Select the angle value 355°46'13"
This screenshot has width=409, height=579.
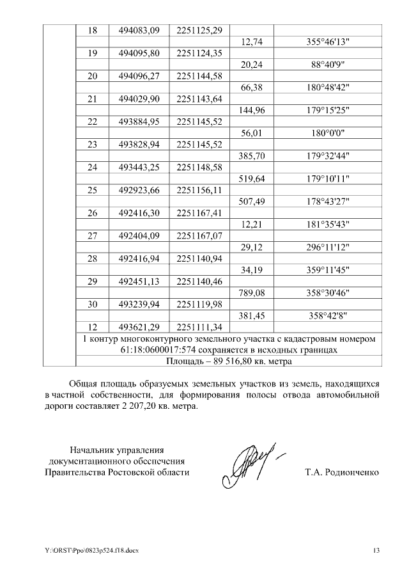tap(328, 42)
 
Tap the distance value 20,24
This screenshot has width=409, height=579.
tap(251, 65)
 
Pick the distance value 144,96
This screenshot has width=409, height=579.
tap(251, 111)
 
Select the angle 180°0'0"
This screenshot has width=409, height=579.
tap(328, 134)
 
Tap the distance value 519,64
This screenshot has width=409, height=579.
tap(251, 179)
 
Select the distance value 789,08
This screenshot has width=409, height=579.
tap(251, 294)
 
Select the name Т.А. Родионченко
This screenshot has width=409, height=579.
tap(342, 473)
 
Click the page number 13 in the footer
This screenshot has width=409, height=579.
tap(376, 551)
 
